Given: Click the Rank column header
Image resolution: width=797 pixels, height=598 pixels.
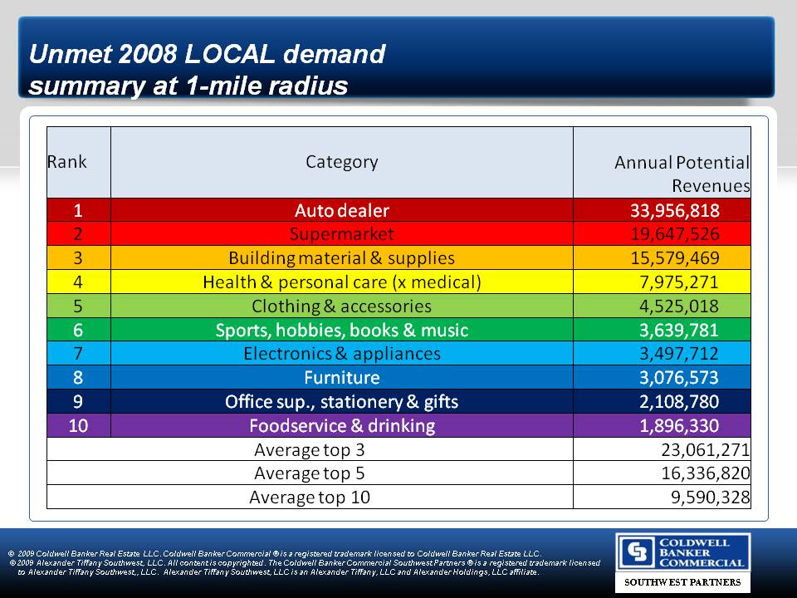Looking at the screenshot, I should pyautogui.click(x=66, y=161).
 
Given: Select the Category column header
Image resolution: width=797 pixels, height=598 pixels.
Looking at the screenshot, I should pyautogui.click(x=341, y=162).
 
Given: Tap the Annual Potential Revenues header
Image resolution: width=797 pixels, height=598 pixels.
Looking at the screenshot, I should pyautogui.click(x=681, y=174).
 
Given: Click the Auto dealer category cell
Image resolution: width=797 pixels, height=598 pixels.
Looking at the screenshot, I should pyautogui.click(x=341, y=210).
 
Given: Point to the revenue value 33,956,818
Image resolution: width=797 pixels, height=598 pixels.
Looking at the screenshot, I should pyautogui.click(x=674, y=210).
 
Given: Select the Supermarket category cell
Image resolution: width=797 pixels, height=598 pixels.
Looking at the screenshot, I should pyautogui.click(x=341, y=234).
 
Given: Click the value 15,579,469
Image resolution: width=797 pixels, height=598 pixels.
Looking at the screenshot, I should pyautogui.click(x=674, y=258).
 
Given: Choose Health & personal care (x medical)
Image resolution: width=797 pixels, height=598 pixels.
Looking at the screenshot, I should pyautogui.click(x=341, y=282).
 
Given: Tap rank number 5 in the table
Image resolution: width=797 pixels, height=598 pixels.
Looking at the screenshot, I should pyautogui.click(x=77, y=306).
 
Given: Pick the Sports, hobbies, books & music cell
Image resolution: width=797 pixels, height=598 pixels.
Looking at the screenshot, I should pyautogui.click(x=341, y=331).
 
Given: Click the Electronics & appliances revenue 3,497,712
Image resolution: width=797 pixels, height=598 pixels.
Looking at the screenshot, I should pyautogui.click(x=674, y=354).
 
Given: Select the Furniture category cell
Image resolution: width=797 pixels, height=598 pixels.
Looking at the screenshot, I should pyautogui.click(x=341, y=378).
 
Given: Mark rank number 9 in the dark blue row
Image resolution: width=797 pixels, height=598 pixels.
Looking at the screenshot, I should pyautogui.click(x=77, y=402).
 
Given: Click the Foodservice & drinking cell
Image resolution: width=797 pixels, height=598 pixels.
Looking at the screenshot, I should pyautogui.click(x=341, y=426).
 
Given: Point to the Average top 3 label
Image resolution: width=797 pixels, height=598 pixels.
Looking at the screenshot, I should pyautogui.click(x=309, y=450).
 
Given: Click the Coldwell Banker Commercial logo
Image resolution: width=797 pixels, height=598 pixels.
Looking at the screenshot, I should pyautogui.click(x=682, y=552).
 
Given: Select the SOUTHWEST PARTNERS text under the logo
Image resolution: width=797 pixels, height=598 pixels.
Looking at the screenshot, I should pyautogui.click(x=682, y=582).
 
